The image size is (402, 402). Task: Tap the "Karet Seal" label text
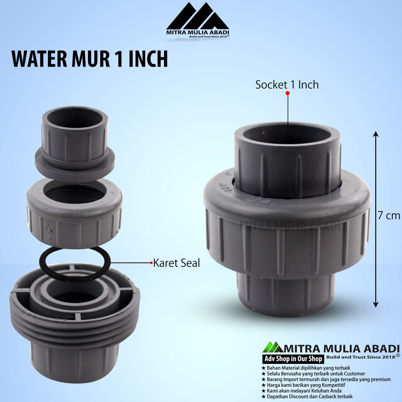click(176, 263)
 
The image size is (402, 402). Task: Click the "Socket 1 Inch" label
click(287, 85)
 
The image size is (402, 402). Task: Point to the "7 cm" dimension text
click(389, 216)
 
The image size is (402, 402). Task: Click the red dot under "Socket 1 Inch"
click(287, 93)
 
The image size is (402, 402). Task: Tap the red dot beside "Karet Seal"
click(151, 263)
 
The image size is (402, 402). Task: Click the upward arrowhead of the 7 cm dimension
click(376, 134)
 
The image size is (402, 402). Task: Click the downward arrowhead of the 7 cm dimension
click(376, 304)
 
